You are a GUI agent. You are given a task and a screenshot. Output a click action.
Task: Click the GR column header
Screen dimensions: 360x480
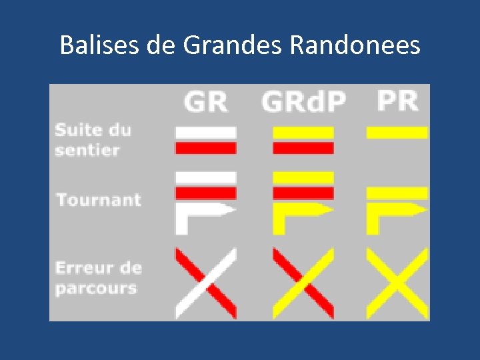click(x=205, y=102)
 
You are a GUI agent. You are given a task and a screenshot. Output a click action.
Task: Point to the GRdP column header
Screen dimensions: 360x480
click(x=303, y=102)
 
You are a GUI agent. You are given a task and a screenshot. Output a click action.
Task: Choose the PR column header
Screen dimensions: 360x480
click(x=397, y=101)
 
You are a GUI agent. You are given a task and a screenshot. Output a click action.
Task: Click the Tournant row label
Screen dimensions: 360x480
click(x=98, y=199)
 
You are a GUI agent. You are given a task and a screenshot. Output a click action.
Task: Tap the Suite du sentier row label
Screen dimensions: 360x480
click(x=93, y=139)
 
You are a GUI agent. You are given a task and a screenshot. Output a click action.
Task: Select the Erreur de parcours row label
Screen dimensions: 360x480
click(x=98, y=279)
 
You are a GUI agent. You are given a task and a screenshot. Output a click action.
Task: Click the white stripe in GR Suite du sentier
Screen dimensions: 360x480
click(x=205, y=133)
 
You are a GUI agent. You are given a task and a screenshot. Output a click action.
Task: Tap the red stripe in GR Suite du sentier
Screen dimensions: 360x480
click(x=205, y=147)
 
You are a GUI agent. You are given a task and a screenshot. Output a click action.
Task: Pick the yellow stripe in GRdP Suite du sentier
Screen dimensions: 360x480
click(x=303, y=133)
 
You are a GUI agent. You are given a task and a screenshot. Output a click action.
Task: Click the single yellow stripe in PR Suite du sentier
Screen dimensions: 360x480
click(x=397, y=133)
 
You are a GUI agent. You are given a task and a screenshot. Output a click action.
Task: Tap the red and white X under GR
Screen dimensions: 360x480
click(x=205, y=283)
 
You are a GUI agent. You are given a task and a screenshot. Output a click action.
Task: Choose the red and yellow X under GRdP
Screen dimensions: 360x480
click(x=303, y=283)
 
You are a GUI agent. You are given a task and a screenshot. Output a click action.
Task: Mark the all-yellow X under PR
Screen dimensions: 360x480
click(x=397, y=283)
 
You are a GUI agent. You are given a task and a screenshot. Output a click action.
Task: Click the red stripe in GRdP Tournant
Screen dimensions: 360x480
click(x=303, y=193)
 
